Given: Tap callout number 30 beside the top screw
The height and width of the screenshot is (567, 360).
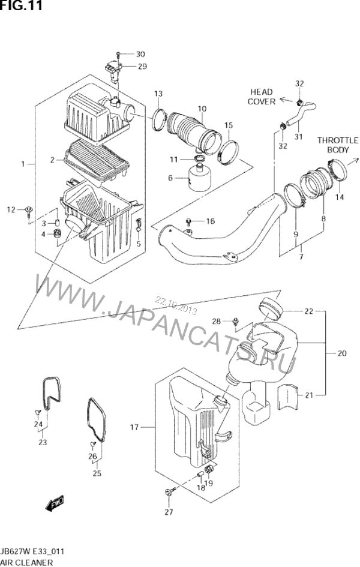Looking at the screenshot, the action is (x=140, y=54).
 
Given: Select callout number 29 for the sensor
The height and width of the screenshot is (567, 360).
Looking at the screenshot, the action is (x=142, y=67).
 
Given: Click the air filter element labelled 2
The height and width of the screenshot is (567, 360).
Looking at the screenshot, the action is (x=97, y=161).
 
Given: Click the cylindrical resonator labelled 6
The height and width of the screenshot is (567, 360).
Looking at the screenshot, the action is (x=200, y=178).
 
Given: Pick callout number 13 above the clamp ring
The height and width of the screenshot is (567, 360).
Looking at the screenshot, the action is (x=158, y=94).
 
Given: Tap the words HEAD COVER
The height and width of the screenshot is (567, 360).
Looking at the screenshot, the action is (x=262, y=97).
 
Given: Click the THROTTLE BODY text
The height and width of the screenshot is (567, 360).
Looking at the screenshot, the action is (x=338, y=145).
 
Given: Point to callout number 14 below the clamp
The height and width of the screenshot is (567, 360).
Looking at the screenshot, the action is (x=340, y=197).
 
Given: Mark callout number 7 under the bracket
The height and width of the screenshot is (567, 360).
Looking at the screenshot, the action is (x=301, y=257).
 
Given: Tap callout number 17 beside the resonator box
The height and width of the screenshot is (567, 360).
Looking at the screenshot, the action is (x=134, y=427).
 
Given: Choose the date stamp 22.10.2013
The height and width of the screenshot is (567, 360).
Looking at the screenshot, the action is (x=176, y=305).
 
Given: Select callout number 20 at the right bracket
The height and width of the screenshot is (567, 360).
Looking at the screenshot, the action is (x=341, y=353).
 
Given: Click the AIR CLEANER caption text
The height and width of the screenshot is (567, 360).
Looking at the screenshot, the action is (x=27, y=562).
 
